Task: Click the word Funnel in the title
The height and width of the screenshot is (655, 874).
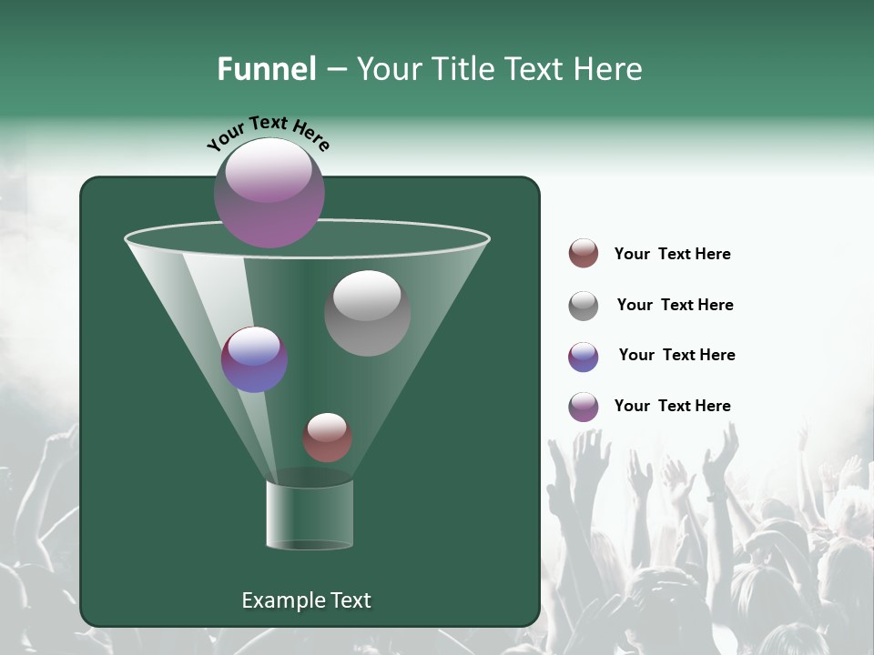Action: click(x=266, y=69)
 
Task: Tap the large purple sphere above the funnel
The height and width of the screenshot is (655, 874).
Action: click(x=269, y=192)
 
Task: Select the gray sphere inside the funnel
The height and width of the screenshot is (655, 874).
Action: click(x=367, y=313)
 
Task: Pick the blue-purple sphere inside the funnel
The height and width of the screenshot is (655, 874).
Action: click(x=254, y=359)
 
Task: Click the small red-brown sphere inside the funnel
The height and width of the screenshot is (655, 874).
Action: click(x=327, y=438)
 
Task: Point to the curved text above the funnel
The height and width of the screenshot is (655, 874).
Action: click(x=269, y=133)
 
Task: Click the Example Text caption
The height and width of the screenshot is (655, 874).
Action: click(x=306, y=600)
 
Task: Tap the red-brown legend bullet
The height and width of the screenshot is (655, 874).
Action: click(x=584, y=254)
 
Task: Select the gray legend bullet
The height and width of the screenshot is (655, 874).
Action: click(x=584, y=306)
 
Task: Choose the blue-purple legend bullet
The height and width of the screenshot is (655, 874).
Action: click(x=584, y=357)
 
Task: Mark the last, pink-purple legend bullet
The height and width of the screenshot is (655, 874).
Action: click(x=584, y=407)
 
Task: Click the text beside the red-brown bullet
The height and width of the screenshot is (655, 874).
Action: click(x=672, y=254)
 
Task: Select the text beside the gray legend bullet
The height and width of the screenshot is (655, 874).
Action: click(x=675, y=305)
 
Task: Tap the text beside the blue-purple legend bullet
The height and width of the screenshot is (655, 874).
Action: click(x=676, y=355)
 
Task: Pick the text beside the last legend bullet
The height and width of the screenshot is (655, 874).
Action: click(x=672, y=406)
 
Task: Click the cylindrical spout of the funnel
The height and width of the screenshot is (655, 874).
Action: click(x=310, y=514)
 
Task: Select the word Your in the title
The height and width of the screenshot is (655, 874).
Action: click(x=391, y=69)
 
